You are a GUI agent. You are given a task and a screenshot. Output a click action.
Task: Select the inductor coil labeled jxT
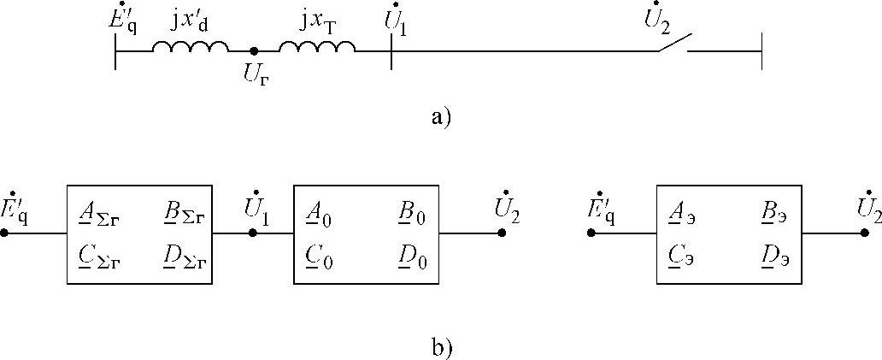(316, 50)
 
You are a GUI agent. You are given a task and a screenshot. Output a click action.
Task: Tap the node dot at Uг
(254, 51)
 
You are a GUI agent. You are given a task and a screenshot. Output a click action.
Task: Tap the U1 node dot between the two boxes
(253, 233)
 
